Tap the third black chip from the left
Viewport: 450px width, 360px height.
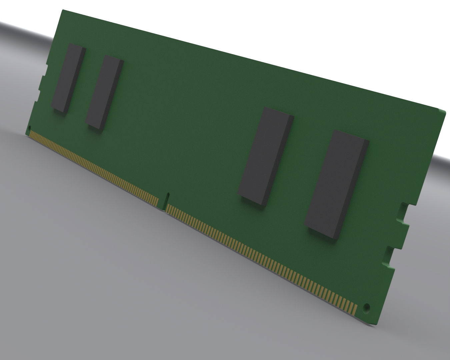pos(265,155)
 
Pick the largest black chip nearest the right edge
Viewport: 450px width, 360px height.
pos(335,183)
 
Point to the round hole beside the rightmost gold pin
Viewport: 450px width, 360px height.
pos(367,307)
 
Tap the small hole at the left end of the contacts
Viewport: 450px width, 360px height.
pos(29,128)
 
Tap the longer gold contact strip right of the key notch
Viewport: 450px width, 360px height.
pos(260,258)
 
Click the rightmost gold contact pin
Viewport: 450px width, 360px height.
pos(355,310)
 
